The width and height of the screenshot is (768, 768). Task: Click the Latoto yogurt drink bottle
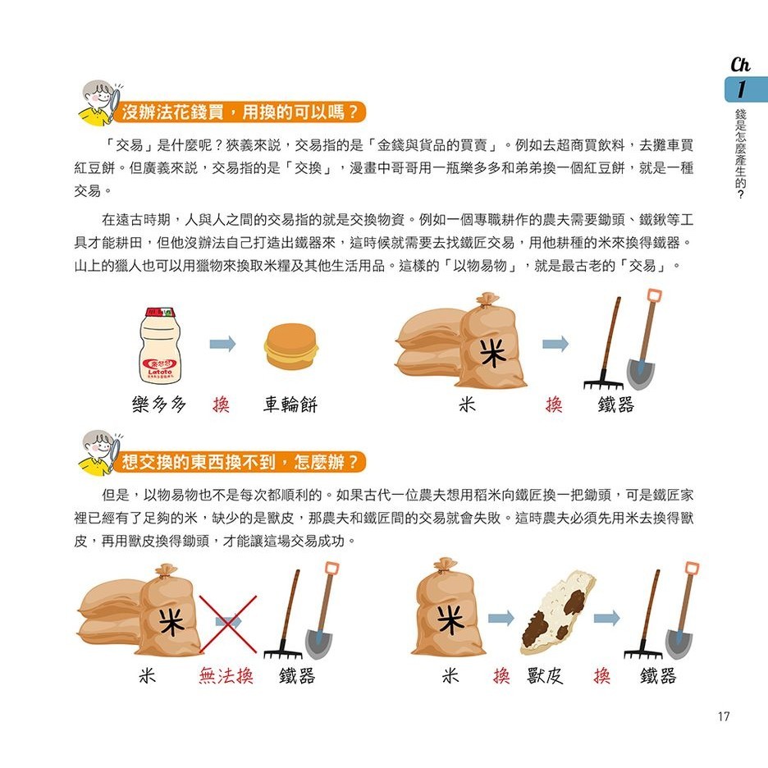(161, 345)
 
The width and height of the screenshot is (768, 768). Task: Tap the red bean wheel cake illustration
(291, 346)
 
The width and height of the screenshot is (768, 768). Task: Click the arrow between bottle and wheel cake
(223, 344)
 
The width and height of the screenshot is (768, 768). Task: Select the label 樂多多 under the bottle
(158, 405)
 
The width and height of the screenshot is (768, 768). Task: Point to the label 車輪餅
(290, 405)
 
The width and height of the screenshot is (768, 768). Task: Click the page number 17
(724, 716)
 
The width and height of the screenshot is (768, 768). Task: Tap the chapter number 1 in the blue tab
(741, 89)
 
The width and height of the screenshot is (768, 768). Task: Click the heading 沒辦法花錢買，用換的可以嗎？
(240, 112)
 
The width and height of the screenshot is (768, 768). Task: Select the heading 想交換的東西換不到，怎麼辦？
(240, 461)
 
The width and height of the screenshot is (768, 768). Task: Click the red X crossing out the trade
(228, 624)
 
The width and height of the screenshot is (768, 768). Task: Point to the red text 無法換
(226, 676)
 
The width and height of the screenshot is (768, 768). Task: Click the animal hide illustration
(557, 613)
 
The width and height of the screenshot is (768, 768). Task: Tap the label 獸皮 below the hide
(545, 676)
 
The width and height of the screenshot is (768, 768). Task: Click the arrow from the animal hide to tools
(607, 618)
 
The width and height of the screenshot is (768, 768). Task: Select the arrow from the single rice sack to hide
(501, 618)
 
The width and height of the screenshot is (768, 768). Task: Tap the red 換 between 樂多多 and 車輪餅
(221, 405)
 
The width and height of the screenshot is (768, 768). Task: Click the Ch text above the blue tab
(740, 64)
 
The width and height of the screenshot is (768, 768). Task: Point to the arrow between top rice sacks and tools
(555, 344)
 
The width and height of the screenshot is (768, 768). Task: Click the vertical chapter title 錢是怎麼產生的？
(741, 153)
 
